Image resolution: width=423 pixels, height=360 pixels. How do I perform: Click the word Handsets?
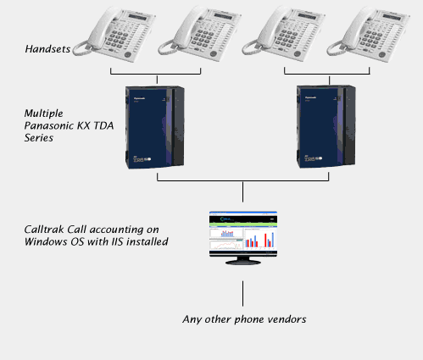(47, 49)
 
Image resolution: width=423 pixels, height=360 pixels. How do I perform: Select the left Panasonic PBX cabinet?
(155, 127)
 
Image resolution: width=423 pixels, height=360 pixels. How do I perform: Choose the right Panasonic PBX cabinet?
(326, 127)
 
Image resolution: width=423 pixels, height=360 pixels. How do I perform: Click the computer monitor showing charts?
(243, 238)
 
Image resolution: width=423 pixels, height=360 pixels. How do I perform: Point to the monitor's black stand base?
(243, 262)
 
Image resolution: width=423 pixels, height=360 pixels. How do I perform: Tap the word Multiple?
(43, 114)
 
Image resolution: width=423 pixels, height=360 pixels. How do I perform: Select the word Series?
(39, 138)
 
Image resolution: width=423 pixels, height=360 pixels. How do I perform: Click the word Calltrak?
(44, 230)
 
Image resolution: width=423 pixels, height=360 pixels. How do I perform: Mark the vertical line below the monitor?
(242, 294)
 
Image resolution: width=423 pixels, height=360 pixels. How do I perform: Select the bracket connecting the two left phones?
(156, 75)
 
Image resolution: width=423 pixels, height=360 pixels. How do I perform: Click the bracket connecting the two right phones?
(327, 75)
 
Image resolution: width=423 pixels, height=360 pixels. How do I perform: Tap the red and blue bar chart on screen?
(259, 240)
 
